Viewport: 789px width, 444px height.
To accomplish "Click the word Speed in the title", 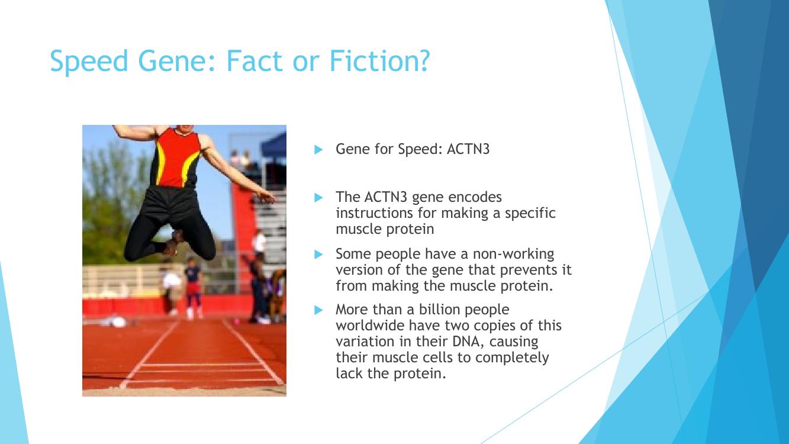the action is coord(89,62).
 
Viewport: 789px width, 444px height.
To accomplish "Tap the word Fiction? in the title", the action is coord(380,60).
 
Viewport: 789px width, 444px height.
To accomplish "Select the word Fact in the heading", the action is coord(255,60).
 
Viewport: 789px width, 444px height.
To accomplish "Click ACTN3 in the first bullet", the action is coord(468,149).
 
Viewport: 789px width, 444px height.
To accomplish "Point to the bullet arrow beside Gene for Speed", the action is coord(318,149).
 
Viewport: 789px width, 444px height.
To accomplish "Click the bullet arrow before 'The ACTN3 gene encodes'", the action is coord(318,197).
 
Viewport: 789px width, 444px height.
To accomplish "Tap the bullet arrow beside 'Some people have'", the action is coord(318,254).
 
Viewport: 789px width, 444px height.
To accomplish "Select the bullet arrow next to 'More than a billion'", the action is coord(318,310).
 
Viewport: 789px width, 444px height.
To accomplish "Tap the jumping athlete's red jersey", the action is coord(178,157).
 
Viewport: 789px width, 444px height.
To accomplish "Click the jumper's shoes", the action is coord(173,244).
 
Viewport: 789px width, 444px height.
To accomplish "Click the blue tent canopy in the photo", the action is coord(273,145).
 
